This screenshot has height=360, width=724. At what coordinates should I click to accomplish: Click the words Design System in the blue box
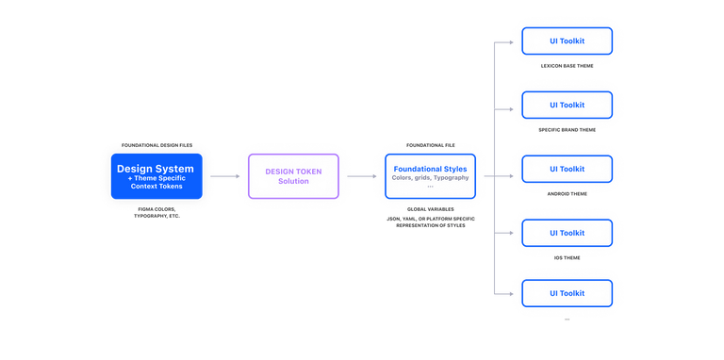tap(156, 169)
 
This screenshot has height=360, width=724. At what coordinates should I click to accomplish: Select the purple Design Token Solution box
tap(293, 175)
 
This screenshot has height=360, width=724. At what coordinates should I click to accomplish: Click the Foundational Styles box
tap(430, 175)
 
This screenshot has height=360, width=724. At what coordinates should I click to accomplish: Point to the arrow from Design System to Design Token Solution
tap(224, 175)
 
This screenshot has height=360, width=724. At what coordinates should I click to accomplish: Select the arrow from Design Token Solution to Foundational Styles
tap(361, 175)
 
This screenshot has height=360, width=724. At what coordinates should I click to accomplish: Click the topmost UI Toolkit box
tap(567, 41)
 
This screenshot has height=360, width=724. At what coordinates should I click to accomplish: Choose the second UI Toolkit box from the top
tap(567, 105)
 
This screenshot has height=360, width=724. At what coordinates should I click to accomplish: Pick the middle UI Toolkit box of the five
tap(567, 169)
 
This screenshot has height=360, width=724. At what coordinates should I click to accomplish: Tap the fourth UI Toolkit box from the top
tap(567, 231)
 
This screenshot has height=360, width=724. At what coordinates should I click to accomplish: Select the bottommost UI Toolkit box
tap(567, 292)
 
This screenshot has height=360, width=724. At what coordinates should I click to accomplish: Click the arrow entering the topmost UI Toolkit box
tap(506, 41)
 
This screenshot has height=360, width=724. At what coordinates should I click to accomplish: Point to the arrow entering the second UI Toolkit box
tap(506, 105)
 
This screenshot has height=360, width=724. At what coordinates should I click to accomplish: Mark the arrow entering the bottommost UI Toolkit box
tap(506, 292)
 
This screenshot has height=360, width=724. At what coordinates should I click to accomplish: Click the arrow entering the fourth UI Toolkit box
tap(506, 231)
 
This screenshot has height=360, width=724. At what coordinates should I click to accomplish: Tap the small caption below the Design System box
tap(156, 211)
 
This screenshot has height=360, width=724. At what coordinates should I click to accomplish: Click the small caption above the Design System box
tap(156, 145)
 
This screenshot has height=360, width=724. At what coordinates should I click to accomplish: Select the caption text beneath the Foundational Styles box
tap(430, 219)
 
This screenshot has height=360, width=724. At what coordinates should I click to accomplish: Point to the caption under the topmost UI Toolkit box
tap(567, 66)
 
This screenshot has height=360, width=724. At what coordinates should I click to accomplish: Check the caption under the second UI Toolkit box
tap(567, 130)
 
